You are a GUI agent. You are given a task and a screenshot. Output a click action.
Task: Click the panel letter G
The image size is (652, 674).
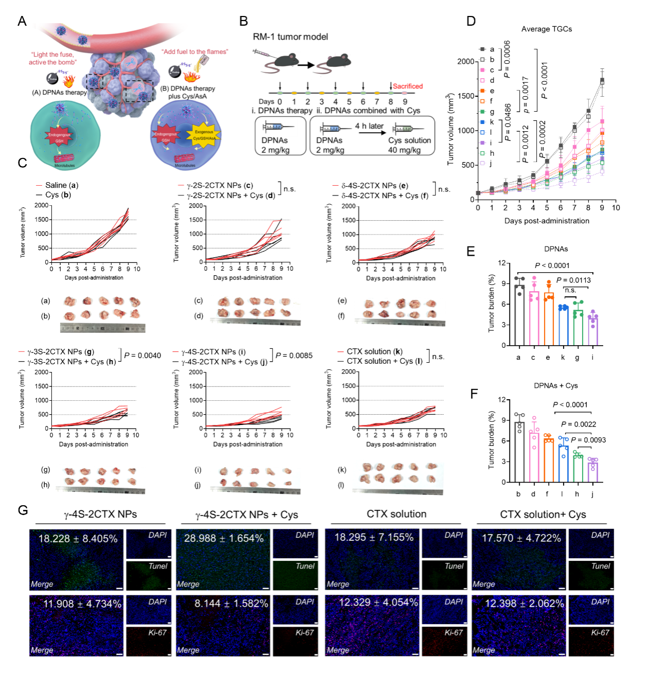click(x=23, y=510)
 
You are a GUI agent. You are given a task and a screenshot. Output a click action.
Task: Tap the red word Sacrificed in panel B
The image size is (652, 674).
click(x=408, y=86)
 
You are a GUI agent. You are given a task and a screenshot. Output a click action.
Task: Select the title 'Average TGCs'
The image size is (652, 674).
click(x=547, y=29)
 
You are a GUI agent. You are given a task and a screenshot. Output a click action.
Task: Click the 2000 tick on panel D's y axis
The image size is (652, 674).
click(x=465, y=61)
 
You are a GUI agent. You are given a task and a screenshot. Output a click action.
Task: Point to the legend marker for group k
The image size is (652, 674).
click(x=482, y=122)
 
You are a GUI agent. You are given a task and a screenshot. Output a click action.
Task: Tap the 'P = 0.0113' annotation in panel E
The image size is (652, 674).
click(x=573, y=280)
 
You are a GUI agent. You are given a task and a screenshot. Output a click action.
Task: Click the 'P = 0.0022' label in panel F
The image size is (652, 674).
click(x=578, y=424)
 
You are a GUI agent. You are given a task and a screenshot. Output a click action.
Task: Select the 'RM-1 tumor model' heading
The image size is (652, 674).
click(x=290, y=37)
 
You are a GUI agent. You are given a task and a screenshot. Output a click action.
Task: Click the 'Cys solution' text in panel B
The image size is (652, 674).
click(x=409, y=140)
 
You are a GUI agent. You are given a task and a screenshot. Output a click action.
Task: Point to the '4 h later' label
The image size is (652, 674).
click(x=369, y=126)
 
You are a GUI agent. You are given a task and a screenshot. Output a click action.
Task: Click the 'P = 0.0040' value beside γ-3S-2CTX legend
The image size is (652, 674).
click(x=142, y=356)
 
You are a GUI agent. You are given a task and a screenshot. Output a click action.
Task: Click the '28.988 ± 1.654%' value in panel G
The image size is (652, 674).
click(x=224, y=538)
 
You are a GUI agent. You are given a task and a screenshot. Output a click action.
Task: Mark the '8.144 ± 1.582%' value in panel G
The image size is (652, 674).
click(x=231, y=604)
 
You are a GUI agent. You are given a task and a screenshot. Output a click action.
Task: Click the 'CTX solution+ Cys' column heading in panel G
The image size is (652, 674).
click(x=543, y=515)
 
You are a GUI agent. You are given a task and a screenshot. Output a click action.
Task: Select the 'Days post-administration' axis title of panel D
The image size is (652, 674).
click(x=547, y=221)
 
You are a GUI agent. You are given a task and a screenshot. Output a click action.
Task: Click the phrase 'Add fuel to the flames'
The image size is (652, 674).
click(x=195, y=52)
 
